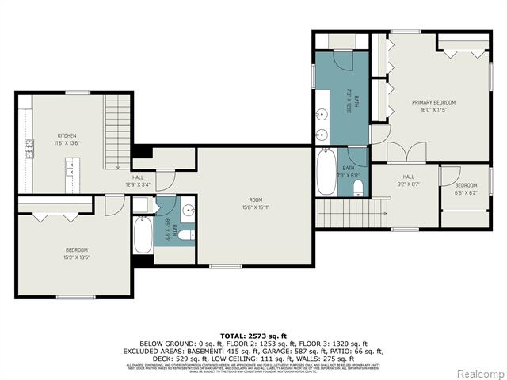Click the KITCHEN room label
pos(66,135)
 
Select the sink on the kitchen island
pos(71,166)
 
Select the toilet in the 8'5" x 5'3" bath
pos(185,235)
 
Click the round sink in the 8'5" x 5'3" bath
pos(189,211)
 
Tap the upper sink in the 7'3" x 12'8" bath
pos(323,113)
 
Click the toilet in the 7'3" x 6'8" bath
pos(358,188)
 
